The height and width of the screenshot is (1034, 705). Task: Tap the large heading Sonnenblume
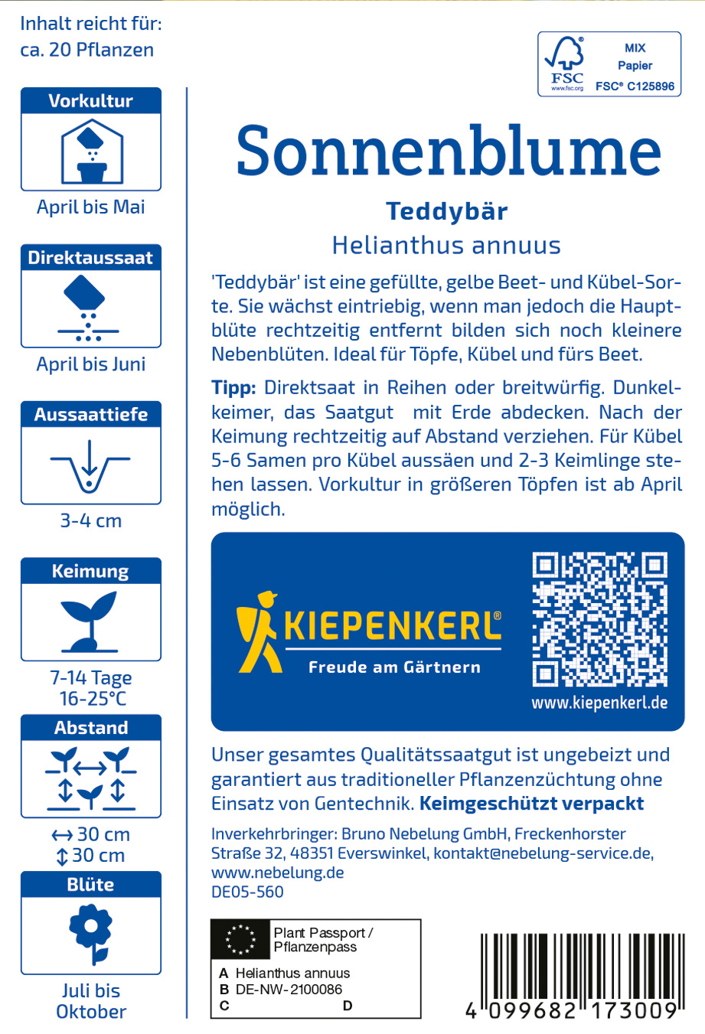coord(448,150)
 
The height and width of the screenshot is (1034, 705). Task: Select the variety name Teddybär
coord(447,211)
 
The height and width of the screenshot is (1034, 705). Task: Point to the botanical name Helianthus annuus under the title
coord(446,245)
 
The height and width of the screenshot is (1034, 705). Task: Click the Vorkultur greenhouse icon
coord(91,152)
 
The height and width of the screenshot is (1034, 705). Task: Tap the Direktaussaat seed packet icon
coord(89,306)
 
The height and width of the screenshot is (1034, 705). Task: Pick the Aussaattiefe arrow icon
coord(90,465)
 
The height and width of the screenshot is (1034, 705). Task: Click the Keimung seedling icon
coord(90,620)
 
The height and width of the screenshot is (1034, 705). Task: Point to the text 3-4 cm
coord(91,521)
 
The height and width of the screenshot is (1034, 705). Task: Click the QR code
coord(599,619)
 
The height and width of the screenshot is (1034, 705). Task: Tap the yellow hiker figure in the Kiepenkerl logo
coord(256,631)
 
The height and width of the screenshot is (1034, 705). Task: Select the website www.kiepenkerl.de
coord(599,703)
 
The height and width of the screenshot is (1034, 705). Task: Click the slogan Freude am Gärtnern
coord(394,667)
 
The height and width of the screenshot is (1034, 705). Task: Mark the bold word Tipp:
coord(233,388)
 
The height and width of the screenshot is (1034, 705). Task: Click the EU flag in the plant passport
coord(240,940)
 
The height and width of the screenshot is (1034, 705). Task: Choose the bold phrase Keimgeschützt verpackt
coord(532,804)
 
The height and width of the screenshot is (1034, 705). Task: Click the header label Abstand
coord(91,728)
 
